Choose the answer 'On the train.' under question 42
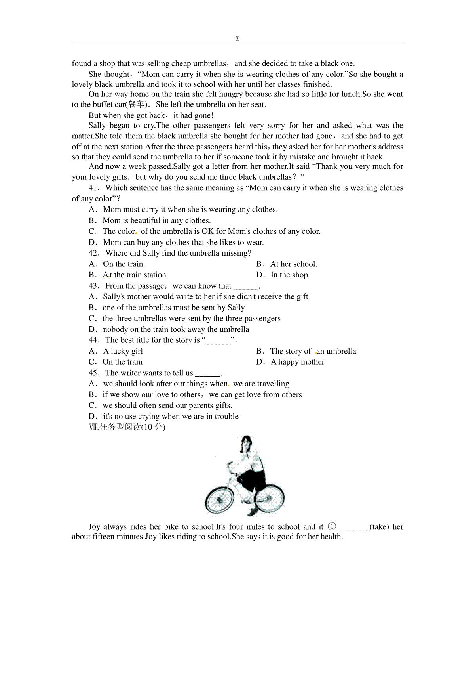(x=124, y=264)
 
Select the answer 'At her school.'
(x=294, y=264)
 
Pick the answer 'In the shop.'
(x=290, y=275)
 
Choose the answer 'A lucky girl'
(x=123, y=351)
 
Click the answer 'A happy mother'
(x=298, y=362)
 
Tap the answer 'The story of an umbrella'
(x=313, y=351)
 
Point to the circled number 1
(x=332, y=527)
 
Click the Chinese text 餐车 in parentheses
(x=137, y=105)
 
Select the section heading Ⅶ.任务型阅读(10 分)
(x=127, y=427)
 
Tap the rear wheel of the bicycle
(x=270, y=498)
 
